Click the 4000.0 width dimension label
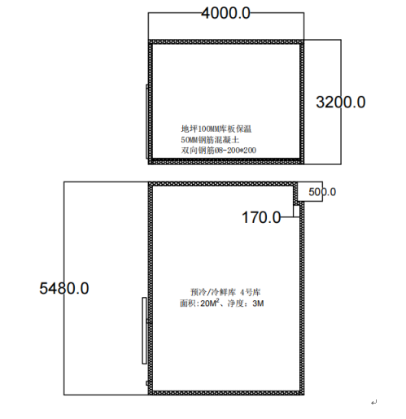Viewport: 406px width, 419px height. coord(225,13)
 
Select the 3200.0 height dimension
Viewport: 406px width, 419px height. coord(341,103)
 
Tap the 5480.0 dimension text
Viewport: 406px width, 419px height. coord(64,288)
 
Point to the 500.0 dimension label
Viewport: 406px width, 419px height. coord(322,192)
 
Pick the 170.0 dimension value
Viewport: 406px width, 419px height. coord(261,217)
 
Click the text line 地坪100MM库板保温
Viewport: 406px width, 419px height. coord(216,129)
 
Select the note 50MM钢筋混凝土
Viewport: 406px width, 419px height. coord(210,140)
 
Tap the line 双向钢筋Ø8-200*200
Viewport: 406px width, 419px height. coord(219,150)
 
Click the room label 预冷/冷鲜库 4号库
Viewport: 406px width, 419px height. coord(225,292)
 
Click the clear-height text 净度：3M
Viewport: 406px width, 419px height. coord(246,303)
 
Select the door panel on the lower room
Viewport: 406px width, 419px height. coord(144,330)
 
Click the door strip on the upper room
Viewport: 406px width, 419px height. coord(147,121)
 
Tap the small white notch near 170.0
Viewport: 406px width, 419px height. coord(296,211)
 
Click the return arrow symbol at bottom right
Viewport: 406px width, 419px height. coord(374,402)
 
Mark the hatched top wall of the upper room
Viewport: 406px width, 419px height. coord(226,42)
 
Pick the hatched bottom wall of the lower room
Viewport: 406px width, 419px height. coord(226,393)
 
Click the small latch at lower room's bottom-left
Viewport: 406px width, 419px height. coord(147,383)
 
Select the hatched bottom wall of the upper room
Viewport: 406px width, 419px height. coord(226,162)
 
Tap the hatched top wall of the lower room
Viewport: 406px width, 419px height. coord(223,184)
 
